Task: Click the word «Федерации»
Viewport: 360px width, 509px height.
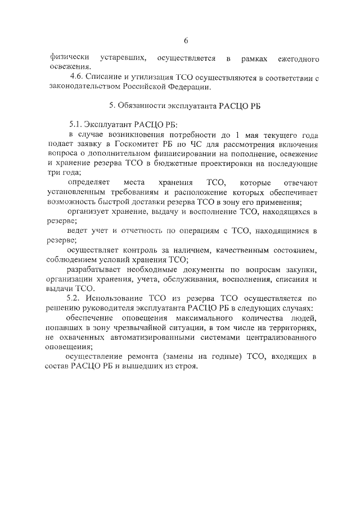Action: click(x=191, y=87)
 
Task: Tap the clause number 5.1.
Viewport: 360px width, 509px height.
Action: click(x=76, y=125)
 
